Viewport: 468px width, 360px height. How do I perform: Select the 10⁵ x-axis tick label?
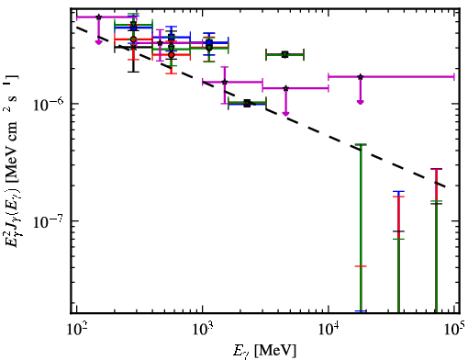tap(455, 329)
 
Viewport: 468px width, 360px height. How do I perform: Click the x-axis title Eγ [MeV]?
tap(264, 351)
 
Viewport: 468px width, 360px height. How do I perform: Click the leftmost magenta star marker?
tap(98, 17)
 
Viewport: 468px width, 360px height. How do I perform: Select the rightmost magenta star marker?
tap(361, 76)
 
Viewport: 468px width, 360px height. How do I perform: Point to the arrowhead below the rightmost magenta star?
tap(361, 102)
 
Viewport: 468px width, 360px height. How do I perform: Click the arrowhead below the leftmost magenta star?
tap(98, 42)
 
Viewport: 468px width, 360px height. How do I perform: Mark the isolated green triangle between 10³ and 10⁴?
tap(284, 55)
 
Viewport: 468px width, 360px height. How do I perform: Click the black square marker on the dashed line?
tap(247, 104)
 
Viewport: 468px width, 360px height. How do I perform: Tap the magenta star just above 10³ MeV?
tap(225, 82)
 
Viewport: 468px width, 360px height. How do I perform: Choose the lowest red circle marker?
tap(172, 55)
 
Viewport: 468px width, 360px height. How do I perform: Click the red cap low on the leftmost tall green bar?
tap(361, 266)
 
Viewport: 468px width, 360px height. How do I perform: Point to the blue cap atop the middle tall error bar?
tap(398, 192)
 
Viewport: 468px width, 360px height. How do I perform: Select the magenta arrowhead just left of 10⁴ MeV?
tap(285, 114)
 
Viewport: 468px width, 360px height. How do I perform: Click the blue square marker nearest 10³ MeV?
tap(209, 42)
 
